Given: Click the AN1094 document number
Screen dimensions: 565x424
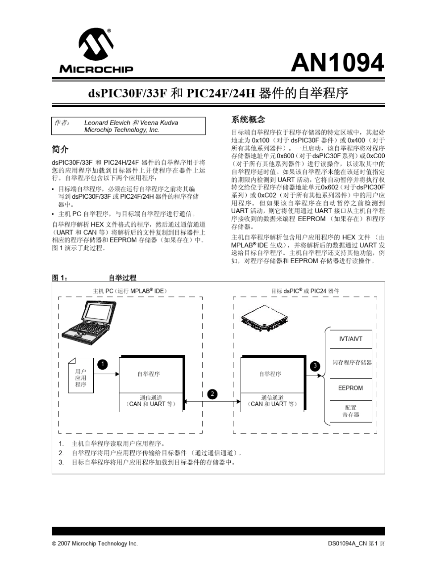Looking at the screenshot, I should point(337,63).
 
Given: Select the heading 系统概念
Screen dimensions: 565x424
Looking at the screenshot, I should point(248,120).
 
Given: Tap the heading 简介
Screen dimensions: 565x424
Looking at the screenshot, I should point(60,149).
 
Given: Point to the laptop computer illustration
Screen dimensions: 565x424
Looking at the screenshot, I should point(88,322).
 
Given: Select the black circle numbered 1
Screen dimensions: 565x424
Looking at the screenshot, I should point(102,364).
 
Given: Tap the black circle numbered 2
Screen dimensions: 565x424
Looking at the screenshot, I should point(212,393).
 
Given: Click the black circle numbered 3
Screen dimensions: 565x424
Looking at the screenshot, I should point(315,366).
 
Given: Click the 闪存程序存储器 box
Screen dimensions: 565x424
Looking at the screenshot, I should point(352,362).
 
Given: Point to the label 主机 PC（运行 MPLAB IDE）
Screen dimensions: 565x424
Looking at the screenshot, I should point(129,291).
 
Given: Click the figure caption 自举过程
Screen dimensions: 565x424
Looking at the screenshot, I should point(122,278).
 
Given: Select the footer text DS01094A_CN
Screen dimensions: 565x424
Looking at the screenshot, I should point(348,544).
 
